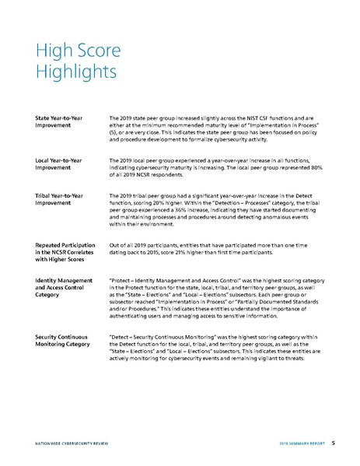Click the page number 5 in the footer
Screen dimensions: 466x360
tap(333, 442)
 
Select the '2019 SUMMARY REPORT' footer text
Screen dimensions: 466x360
tap(301, 442)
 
